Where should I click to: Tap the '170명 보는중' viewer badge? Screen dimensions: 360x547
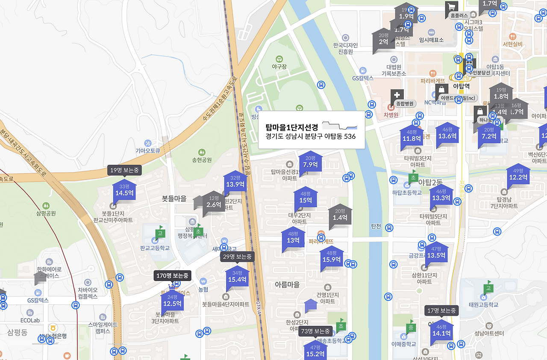172,276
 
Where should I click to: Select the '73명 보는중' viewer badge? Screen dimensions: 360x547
315,331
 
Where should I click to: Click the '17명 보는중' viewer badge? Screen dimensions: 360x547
441,310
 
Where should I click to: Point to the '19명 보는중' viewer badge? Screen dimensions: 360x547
124,170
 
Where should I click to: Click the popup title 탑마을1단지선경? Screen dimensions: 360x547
292,127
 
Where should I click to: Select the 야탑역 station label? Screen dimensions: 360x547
461,86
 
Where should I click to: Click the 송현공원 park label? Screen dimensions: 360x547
202,160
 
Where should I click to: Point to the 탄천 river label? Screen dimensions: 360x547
376,226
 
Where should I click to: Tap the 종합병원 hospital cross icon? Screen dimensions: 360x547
397,94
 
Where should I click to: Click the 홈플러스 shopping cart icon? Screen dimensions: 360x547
451,6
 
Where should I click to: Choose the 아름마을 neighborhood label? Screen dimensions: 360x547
287,284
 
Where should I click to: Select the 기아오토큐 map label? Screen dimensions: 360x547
147,150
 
